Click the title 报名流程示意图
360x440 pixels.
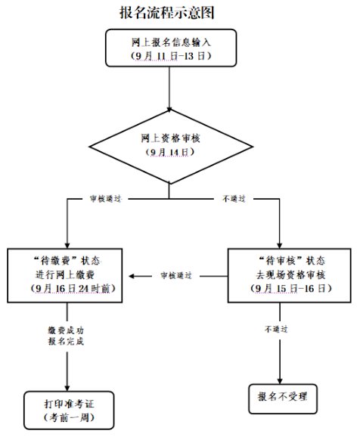[167, 13]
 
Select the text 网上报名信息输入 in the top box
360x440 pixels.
[171, 42]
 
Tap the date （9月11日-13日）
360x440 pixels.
[171, 56]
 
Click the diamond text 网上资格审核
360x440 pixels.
[170, 138]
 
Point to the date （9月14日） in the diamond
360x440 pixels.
[170, 152]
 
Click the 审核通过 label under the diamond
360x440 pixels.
[105, 199]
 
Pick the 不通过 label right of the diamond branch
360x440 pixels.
[234, 199]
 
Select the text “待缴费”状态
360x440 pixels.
[67, 261]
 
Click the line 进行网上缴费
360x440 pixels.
[65, 274]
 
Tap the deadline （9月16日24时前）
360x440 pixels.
[73, 289]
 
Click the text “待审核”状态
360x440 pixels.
[292, 261]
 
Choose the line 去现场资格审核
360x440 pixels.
[290, 274]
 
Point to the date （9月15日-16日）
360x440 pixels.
[290, 289]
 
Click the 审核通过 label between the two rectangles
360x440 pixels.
[176, 276]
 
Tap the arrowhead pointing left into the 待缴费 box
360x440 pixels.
[132, 276]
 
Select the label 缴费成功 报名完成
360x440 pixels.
[66, 336]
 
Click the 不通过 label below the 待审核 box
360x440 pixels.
[276, 329]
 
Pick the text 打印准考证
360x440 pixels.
[69, 404]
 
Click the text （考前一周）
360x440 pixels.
[69, 417]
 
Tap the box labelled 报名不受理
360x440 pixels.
[283, 398]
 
